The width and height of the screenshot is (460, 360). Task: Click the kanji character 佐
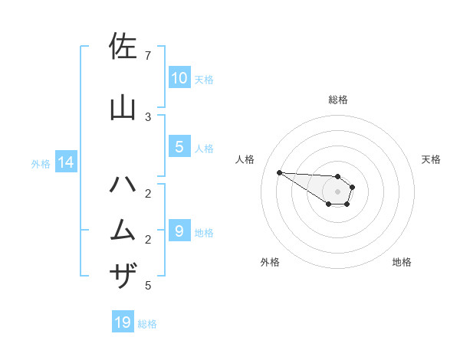[123, 47]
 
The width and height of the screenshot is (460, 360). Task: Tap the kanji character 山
[123, 108]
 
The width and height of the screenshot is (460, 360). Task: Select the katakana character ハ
[123, 185]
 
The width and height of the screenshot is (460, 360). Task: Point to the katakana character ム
[123, 231]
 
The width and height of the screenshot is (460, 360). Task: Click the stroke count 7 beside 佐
[148, 56]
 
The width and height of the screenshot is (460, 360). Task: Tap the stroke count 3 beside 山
[148, 116]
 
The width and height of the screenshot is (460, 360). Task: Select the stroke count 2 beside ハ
[148, 193]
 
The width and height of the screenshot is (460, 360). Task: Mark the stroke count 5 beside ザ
[148, 286]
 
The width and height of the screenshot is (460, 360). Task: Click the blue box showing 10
[179, 78]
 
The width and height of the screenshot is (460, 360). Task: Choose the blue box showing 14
[65, 162]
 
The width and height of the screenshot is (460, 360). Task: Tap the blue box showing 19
[123, 322]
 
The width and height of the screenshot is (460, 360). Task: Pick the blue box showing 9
[179, 231]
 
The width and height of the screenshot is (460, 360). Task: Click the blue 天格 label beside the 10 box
[204, 80]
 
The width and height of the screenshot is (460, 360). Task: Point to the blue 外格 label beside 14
[41, 164]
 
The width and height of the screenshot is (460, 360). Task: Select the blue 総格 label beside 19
[147, 324]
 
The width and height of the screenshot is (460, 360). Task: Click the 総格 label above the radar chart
[338, 100]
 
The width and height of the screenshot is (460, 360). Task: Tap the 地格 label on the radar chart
[402, 263]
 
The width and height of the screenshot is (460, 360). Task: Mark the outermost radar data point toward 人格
[279, 172]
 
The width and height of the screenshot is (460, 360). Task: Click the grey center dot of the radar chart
[338, 191]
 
